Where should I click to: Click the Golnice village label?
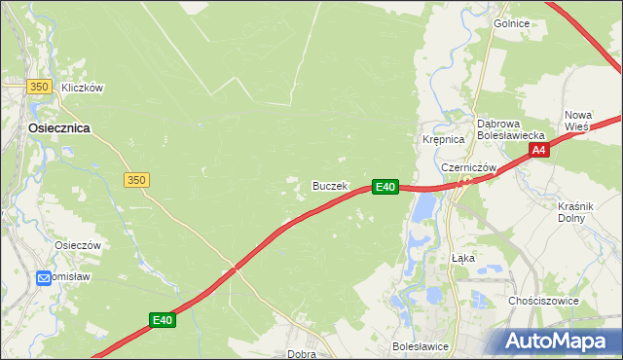510,22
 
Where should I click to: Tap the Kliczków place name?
82,88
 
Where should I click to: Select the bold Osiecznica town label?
59,127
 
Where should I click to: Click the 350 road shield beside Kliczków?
39,87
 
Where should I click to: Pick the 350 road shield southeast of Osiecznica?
136,180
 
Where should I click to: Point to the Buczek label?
329,185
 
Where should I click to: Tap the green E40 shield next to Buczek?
385,186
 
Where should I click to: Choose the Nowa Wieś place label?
577,120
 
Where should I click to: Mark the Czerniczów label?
469,167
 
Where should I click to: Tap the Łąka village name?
463,259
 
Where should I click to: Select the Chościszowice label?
543,301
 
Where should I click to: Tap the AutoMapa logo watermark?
556,341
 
